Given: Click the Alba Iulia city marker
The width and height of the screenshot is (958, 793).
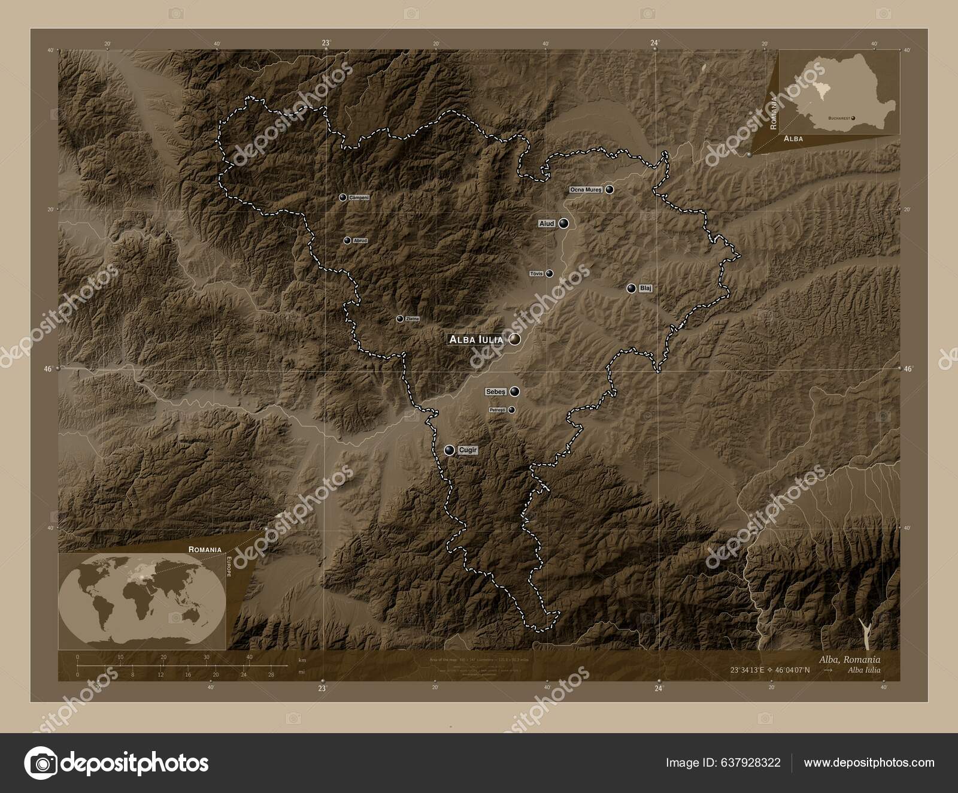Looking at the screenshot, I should point(514,340).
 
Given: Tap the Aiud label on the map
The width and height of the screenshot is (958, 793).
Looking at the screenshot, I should point(547,223).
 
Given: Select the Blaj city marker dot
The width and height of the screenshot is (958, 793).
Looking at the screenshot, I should point(631,288).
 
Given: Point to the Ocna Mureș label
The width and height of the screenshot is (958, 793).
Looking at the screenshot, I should point(586,190).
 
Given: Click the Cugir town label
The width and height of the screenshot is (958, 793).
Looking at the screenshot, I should point(468,450).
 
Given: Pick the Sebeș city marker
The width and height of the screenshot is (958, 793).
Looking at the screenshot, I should point(514,392).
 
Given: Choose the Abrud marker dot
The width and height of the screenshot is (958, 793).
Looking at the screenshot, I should point(347,240).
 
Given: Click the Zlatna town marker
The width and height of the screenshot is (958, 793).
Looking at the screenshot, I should point(399,319).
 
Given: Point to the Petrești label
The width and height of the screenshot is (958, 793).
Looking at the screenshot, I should point(498,410).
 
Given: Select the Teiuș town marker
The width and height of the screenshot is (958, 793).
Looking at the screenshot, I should point(549,274).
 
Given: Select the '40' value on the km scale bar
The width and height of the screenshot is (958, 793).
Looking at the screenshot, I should point(249,657).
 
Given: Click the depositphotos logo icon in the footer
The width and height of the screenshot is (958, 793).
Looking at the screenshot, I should point(40,763).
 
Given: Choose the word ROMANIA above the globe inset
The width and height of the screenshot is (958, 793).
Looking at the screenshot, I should point(205,549).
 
